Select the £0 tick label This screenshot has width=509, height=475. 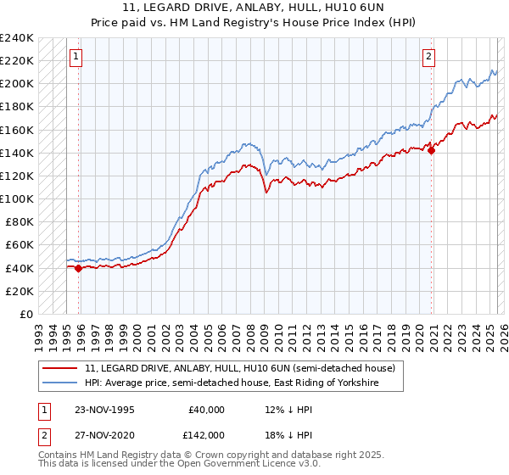(x=27, y=314)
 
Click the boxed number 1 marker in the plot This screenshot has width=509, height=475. (x=76, y=57)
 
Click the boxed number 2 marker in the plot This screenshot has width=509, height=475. (x=429, y=57)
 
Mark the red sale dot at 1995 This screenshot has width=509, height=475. (x=79, y=268)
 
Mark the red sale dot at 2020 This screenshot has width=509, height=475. (x=431, y=151)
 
